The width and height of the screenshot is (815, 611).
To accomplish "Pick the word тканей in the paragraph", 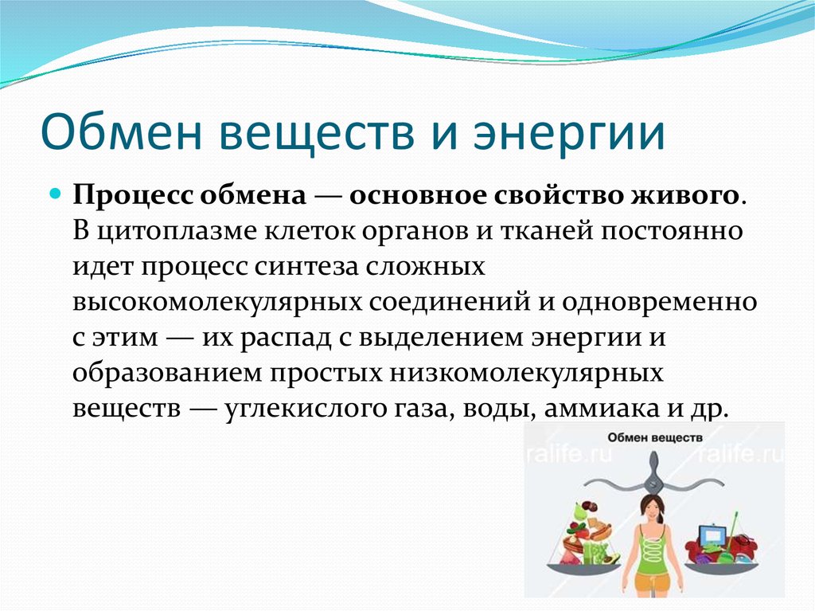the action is point(547,231).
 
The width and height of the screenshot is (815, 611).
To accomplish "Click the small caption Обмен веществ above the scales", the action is point(654,437).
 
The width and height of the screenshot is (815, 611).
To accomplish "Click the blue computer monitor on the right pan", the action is point(712,535).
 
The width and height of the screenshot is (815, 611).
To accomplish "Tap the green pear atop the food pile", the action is point(579,512).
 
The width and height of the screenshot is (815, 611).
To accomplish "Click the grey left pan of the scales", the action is point(582,568).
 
